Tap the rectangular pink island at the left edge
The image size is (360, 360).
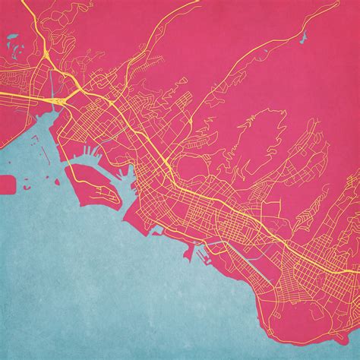coord(7,184)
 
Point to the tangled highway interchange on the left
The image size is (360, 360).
coord(57,99)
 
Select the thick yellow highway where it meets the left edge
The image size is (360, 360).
coord(2,93)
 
